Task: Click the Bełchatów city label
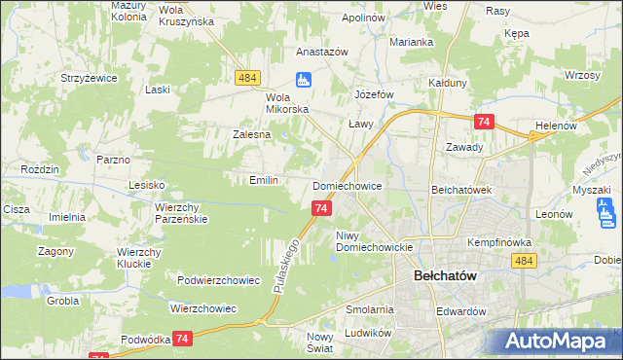(x=445, y=275)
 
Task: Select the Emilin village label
(x=265, y=180)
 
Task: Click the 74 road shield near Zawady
(x=483, y=122)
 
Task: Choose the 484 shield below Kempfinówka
(x=524, y=261)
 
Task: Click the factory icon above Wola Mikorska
(x=303, y=80)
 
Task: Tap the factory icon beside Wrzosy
(x=573, y=75)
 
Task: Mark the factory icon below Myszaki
(x=606, y=210)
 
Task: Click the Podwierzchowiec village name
(x=218, y=280)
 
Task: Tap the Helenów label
(x=557, y=126)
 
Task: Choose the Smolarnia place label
(x=369, y=309)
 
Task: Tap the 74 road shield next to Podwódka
(x=182, y=338)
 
